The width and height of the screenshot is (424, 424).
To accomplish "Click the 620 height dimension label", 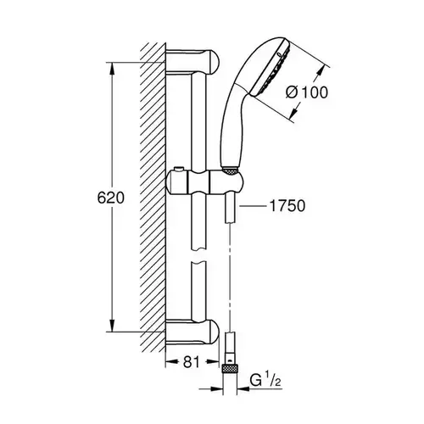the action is (x=110, y=198).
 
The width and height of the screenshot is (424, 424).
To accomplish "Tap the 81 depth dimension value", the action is (x=192, y=362).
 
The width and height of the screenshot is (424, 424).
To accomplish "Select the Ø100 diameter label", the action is (x=307, y=92).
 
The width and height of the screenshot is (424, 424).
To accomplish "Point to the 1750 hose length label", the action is (x=287, y=206).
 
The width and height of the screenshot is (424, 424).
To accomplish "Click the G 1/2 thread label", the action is (x=265, y=381).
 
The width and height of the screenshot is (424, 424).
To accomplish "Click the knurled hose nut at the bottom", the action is (x=231, y=369).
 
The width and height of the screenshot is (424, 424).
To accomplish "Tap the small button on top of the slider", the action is (x=178, y=170).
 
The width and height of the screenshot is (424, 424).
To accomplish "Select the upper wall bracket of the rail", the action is (x=192, y=62).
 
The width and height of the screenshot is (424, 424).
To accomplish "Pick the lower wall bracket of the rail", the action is (x=192, y=332).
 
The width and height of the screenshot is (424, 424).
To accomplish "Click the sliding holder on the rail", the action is (x=205, y=182).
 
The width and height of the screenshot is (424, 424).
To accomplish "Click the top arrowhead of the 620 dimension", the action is (x=113, y=69).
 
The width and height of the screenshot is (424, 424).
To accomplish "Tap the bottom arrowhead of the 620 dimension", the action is (x=113, y=325).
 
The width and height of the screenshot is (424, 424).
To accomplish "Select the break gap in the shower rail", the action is (x=199, y=255).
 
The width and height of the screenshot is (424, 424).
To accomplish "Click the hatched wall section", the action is (x=153, y=198).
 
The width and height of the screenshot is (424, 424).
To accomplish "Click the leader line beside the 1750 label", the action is (x=253, y=207).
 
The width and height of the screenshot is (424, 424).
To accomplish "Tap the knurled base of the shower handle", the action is (x=230, y=170).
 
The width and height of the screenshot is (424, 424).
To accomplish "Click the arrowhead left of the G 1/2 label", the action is (x=217, y=389).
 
